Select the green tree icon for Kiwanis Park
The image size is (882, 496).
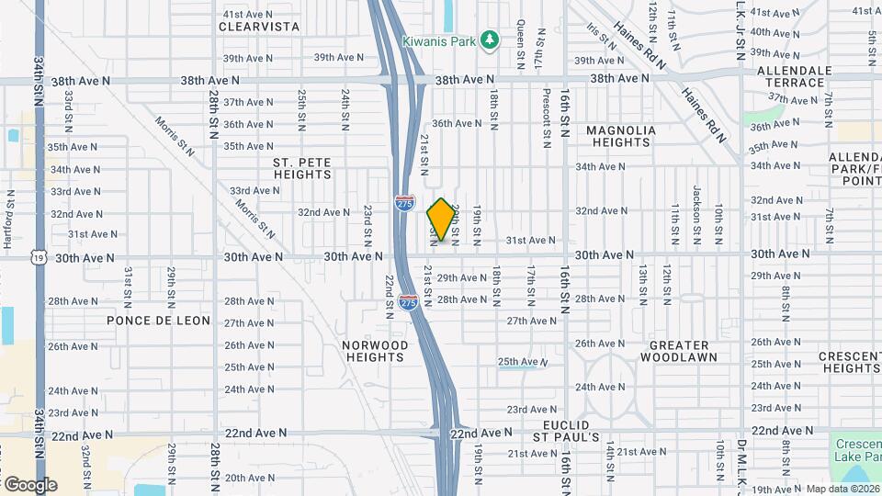[492, 39]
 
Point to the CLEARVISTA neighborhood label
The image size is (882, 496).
[260, 28]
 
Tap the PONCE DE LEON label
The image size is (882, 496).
[158, 321]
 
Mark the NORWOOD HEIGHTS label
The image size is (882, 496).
[375, 351]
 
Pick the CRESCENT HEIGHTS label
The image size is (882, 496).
[850, 362]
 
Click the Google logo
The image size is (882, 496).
[30, 484]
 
